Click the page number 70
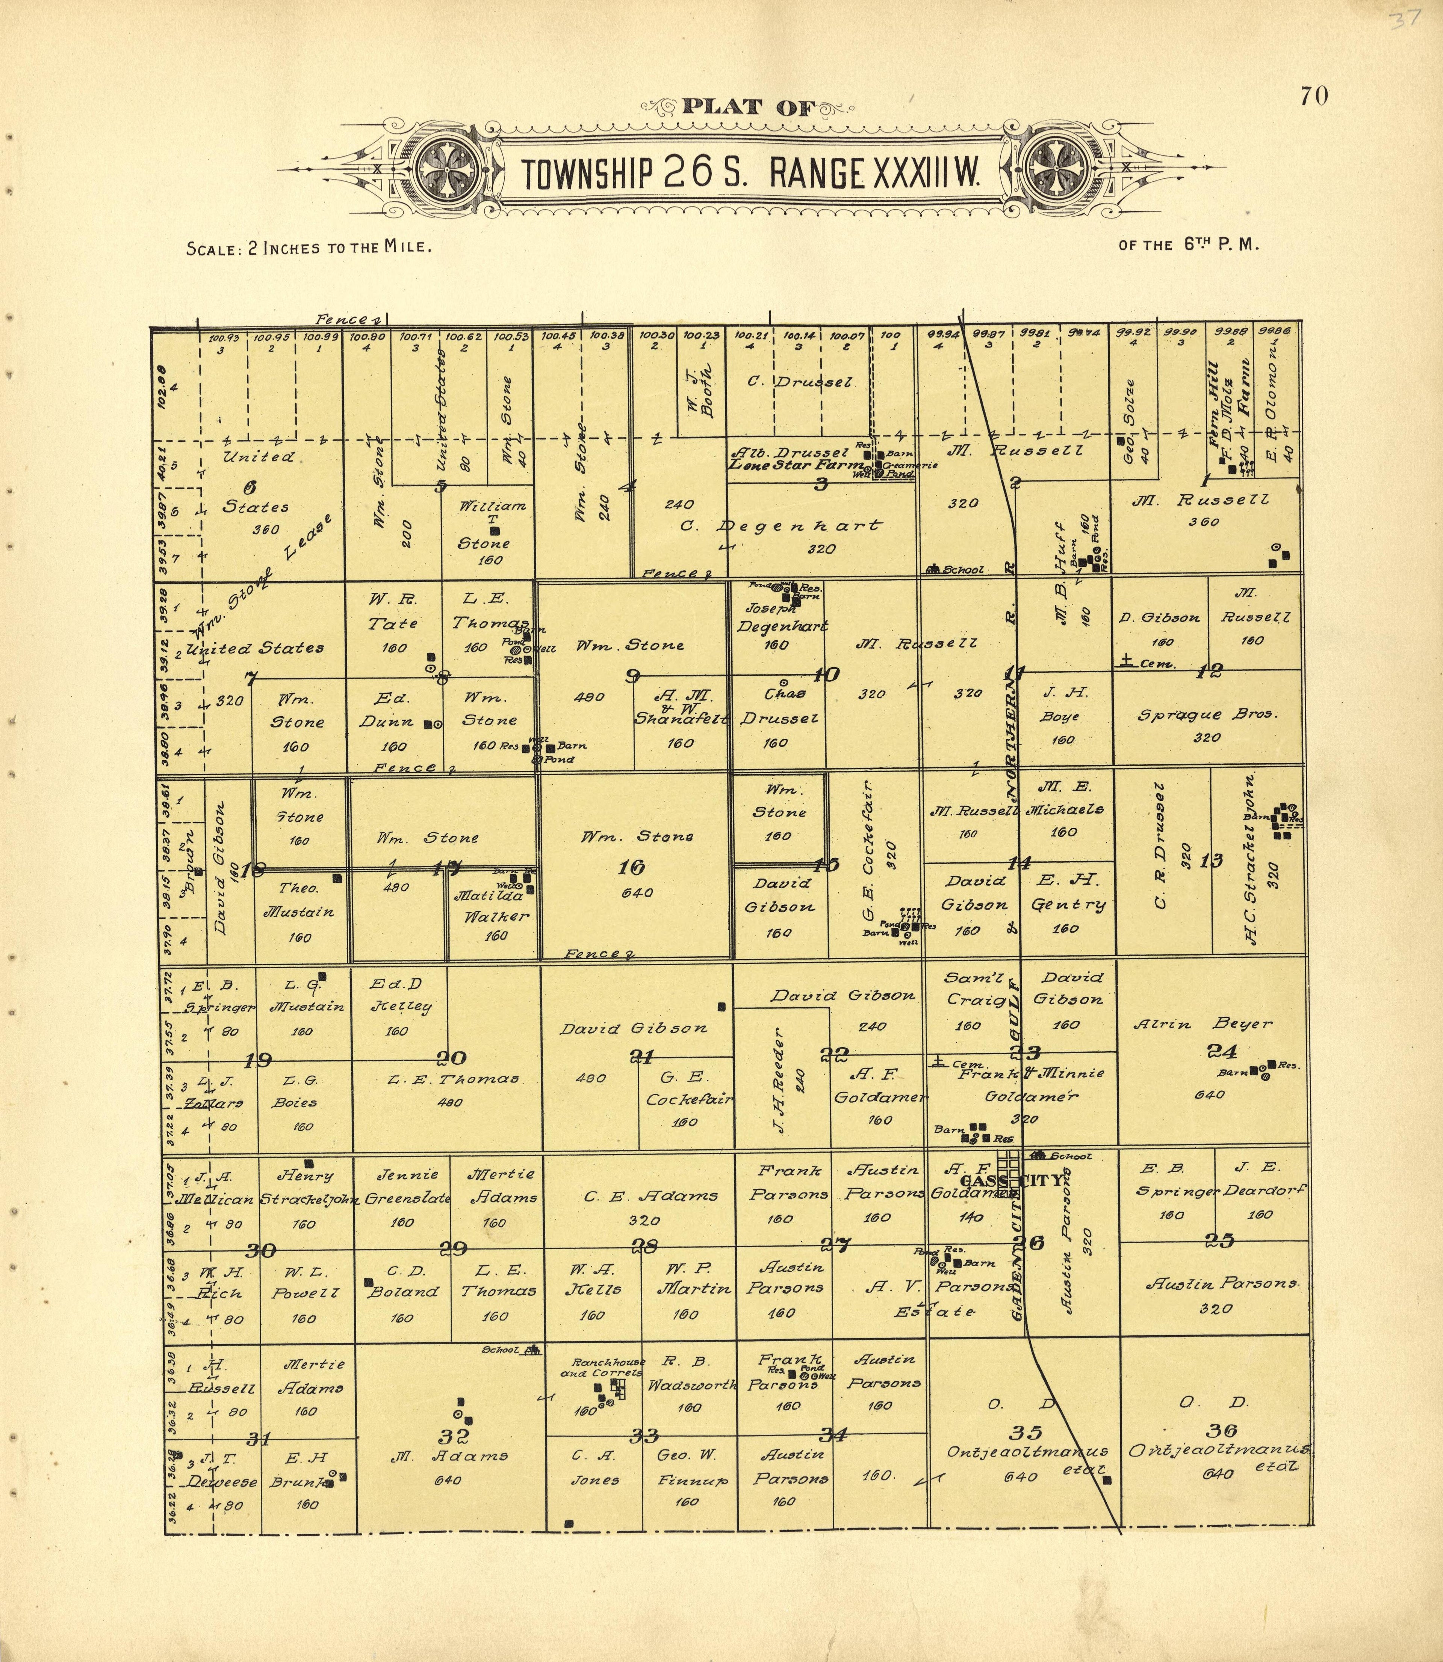[1313, 97]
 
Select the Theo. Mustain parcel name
[299, 900]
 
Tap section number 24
[1221, 1051]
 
